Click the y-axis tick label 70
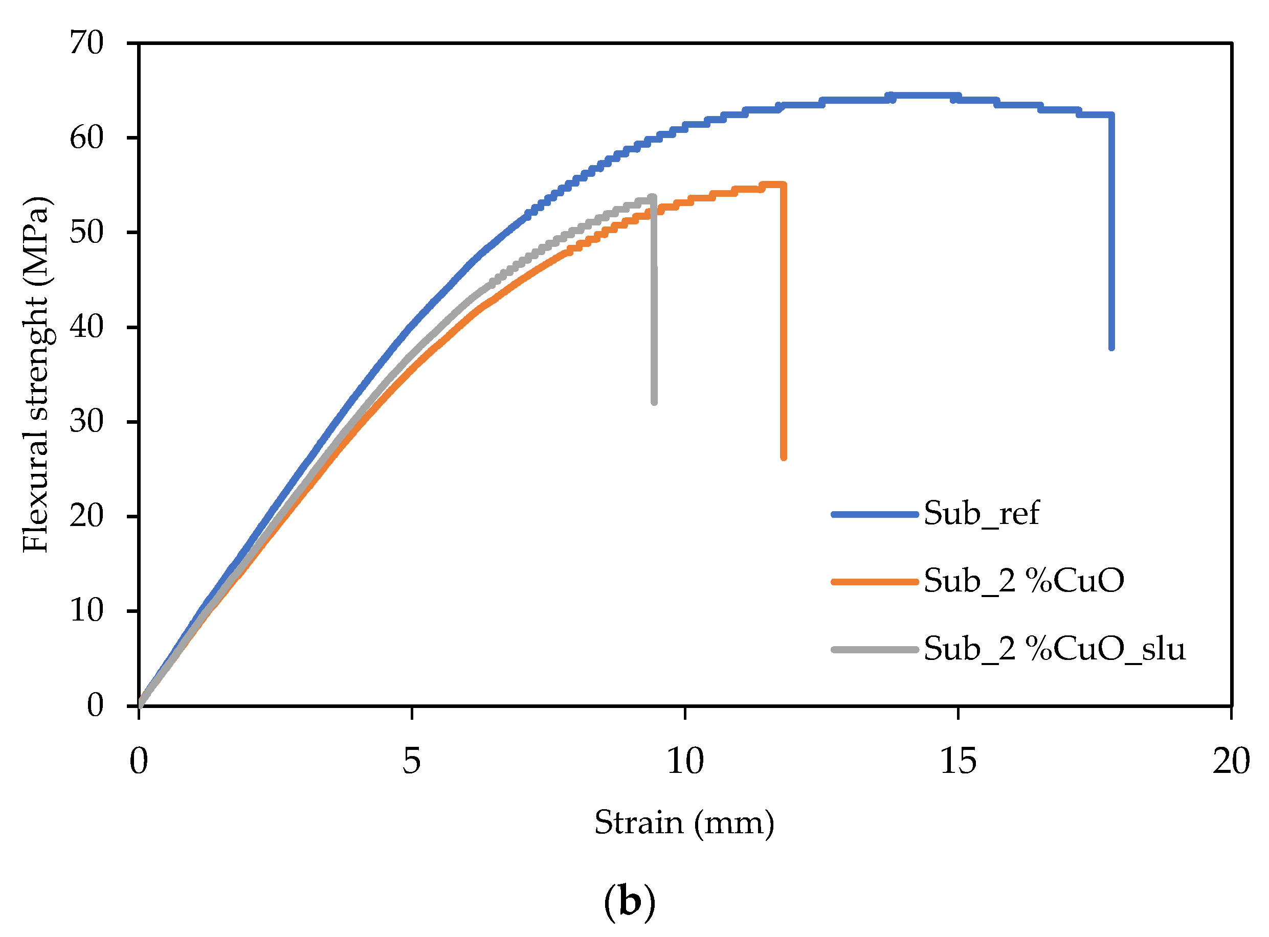point(86,43)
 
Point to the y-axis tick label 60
point(86,138)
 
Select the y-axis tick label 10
point(86,611)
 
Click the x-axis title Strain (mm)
point(685,823)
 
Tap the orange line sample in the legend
point(875,581)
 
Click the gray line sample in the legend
point(875,649)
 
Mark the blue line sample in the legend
point(875,514)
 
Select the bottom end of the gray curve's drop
point(655,402)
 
